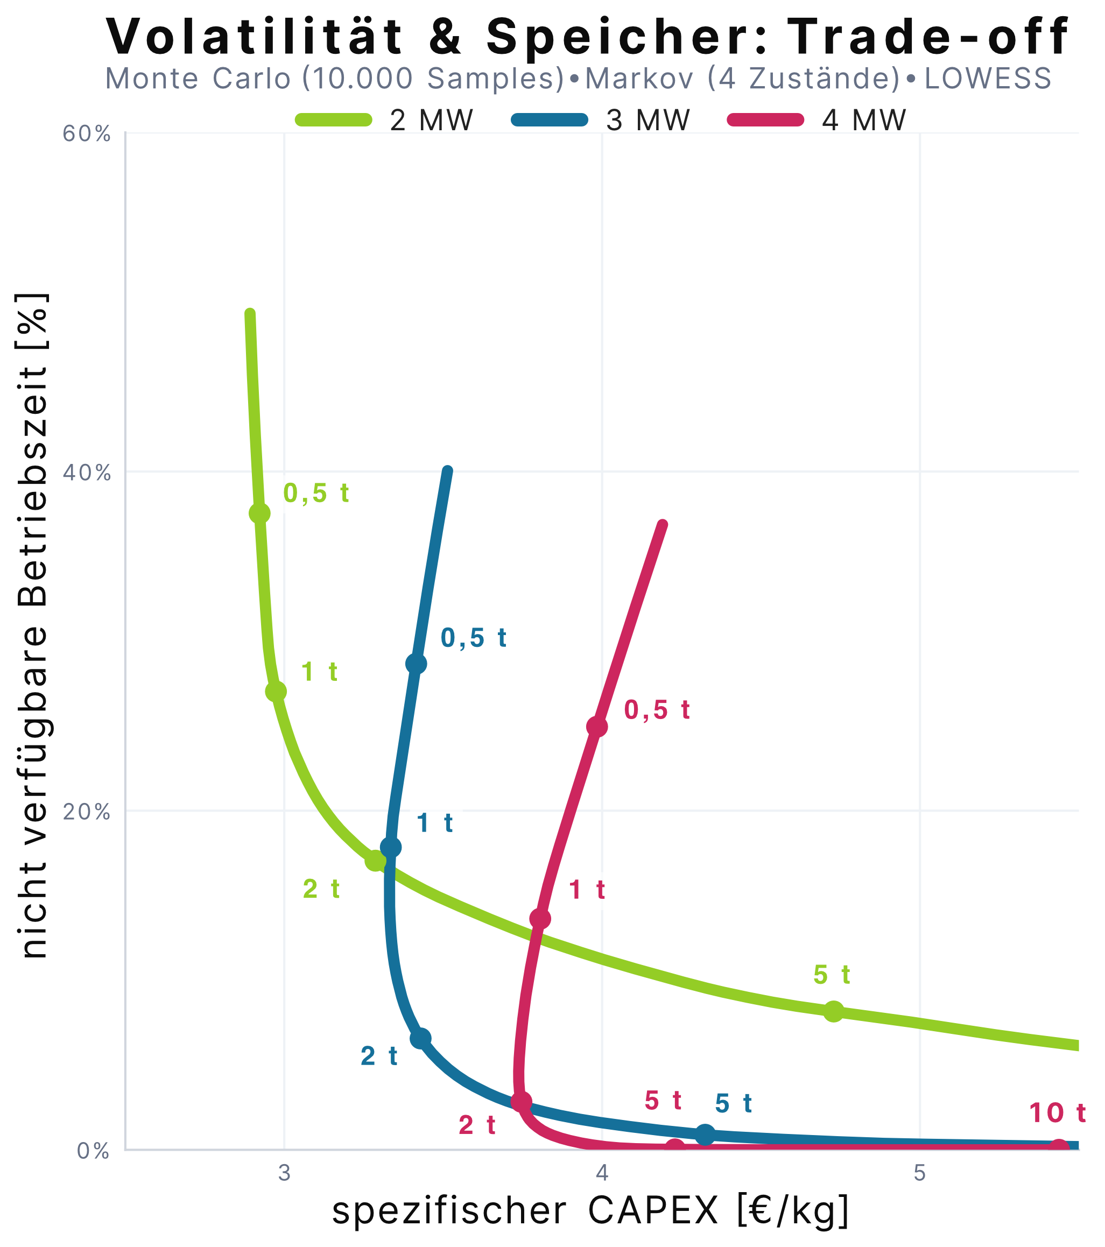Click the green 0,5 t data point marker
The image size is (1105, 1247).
tap(259, 513)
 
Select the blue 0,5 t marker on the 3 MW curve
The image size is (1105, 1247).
tap(416, 664)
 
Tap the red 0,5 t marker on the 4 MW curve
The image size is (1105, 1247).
tap(597, 727)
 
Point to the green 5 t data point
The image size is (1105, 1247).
tap(834, 1011)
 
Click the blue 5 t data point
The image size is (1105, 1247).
tap(705, 1136)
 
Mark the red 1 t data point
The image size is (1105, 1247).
tap(540, 919)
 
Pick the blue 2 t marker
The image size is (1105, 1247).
tap(420, 1039)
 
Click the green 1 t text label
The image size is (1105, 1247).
tap(319, 672)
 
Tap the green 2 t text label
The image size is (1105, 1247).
tap(321, 890)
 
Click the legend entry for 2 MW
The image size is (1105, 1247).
tap(384, 120)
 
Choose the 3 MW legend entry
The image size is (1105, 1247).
tap(601, 120)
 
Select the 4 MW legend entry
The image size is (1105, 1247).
tap(818, 120)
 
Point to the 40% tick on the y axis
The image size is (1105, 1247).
tap(87, 474)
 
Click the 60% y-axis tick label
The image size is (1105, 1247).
tap(87, 134)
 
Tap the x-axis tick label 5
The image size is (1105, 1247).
tap(919, 1173)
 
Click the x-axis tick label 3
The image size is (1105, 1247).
tap(284, 1173)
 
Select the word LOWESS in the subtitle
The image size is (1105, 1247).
tap(988, 79)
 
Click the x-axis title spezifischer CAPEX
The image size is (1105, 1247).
tap(525, 1211)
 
